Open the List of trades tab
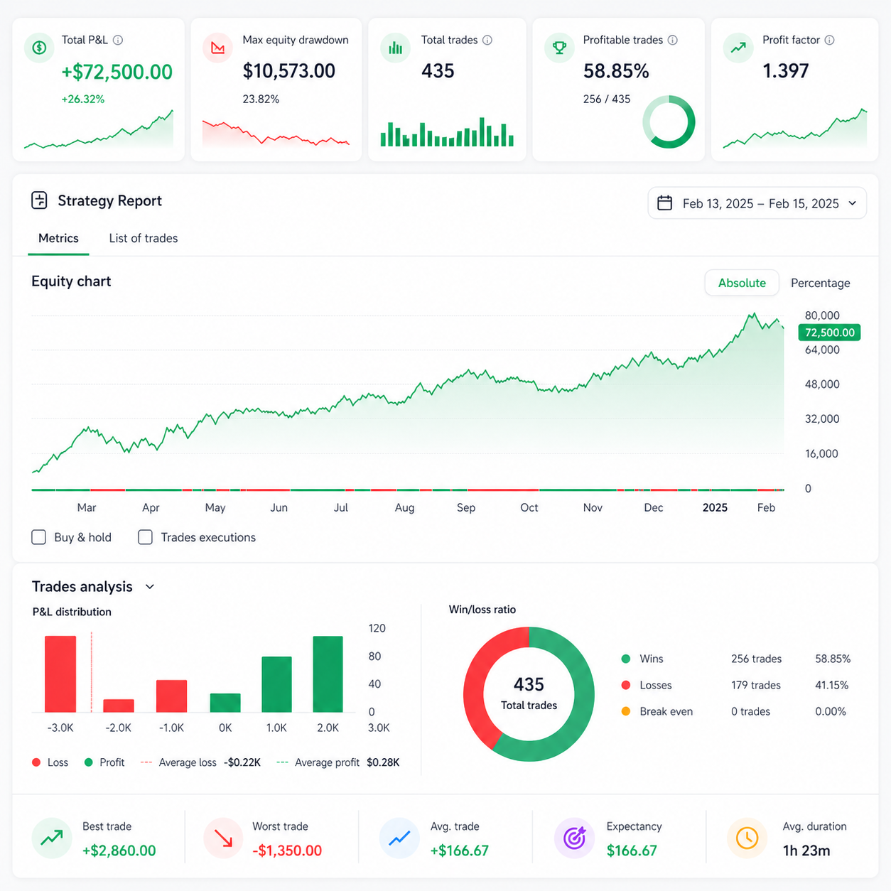144,238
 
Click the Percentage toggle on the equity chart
820,283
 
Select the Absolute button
742,283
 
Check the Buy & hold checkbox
39,537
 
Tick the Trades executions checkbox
145,537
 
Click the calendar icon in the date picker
664,203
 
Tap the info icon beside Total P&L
118,40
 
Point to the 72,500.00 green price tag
829,333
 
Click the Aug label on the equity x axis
404,508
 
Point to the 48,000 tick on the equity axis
822,384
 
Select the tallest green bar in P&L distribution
328,674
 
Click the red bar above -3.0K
60,674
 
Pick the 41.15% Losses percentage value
832,685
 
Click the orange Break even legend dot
626,711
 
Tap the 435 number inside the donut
529,684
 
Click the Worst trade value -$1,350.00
287,850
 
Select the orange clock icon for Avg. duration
747,838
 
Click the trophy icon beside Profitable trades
559,48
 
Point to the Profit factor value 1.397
786,71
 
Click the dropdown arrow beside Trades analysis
149,587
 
